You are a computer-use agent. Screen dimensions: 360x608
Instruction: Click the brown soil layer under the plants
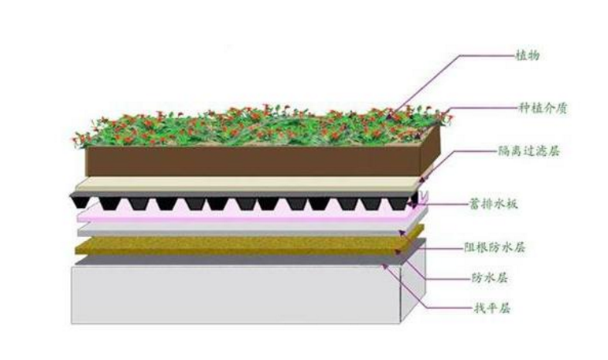pos(252,161)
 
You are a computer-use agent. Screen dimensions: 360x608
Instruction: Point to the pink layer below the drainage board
pos(236,220)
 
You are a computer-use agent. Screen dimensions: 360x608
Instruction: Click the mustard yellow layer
pos(236,246)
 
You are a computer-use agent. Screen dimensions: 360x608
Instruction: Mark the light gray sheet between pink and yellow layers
pos(236,232)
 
